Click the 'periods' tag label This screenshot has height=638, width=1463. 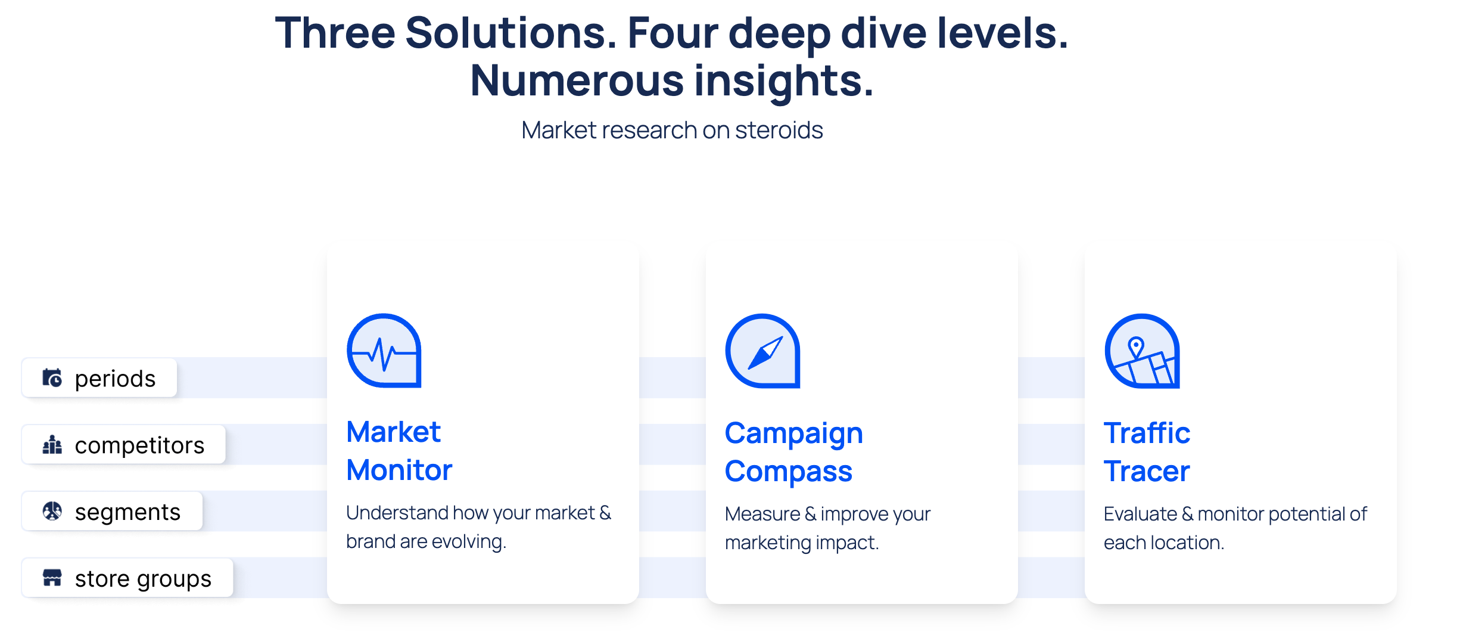tap(115, 379)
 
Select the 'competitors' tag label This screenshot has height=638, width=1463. tap(139, 445)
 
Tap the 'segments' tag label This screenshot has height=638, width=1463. tap(127, 512)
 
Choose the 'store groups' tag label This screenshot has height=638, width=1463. tap(143, 579)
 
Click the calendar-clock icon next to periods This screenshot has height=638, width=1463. tap(52, 377)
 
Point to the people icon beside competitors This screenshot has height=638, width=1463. tap(52, 444)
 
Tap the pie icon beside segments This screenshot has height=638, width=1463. tap(52, 511)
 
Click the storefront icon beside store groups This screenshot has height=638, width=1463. tap(52, 578)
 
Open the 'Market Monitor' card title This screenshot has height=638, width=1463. tap(399, 451)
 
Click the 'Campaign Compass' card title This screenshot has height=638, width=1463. tap(793, 452)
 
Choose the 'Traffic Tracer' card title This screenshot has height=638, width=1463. tap(1147, 452)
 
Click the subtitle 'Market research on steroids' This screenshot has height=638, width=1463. tap(672, 130)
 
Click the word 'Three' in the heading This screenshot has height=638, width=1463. tap(335, 33)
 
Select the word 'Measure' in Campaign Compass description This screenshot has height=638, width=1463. tap(762, 514)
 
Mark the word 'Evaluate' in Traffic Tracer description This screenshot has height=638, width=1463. tap(1140, 514)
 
